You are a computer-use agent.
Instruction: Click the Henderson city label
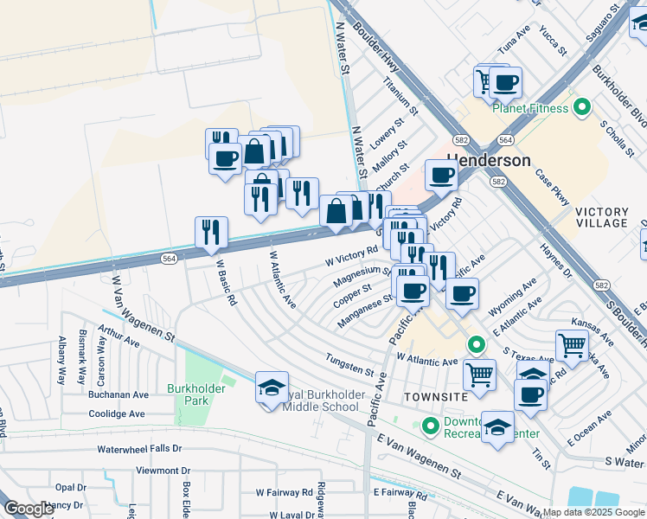click(x=488, y=161)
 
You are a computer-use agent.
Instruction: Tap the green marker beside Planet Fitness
click(x=582, y=108)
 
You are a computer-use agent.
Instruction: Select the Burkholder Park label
click(x=197, y=395)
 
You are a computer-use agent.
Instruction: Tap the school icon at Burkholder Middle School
click(x=272, y=388)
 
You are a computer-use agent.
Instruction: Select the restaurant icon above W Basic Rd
click(x=211, y=232)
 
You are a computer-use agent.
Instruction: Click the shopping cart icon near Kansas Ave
click(x=572, y=346)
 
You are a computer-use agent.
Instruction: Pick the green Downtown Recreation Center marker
click(x=430, y=426)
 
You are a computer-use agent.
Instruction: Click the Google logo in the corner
click(x=29, y=509)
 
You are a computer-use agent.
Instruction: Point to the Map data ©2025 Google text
click(x=593, y=512)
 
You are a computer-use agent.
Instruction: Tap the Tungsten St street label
click(x=349, y=365)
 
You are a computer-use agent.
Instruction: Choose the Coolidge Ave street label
click(x=116, y=413)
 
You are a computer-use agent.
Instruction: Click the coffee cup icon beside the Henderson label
click(x=440, y=175)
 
